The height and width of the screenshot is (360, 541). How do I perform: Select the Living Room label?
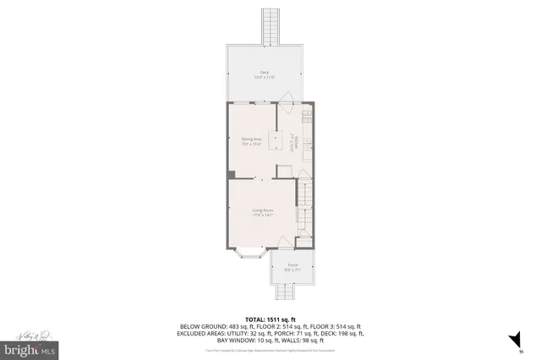pyautogui.click(x=262, y=211)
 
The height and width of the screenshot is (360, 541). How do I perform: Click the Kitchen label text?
pyautogui.click(x=292, y=143)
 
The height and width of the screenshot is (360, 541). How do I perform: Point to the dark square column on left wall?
pyautogui.click(x=231, y=174)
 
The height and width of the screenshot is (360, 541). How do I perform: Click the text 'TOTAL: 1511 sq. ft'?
pyautogui.click(x=270, y=319)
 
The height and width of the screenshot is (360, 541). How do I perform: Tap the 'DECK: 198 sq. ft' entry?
pyautogui.click(x=339, y=333)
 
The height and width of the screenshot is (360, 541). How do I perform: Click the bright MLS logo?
pyautogui.click(x=30, y=348)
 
